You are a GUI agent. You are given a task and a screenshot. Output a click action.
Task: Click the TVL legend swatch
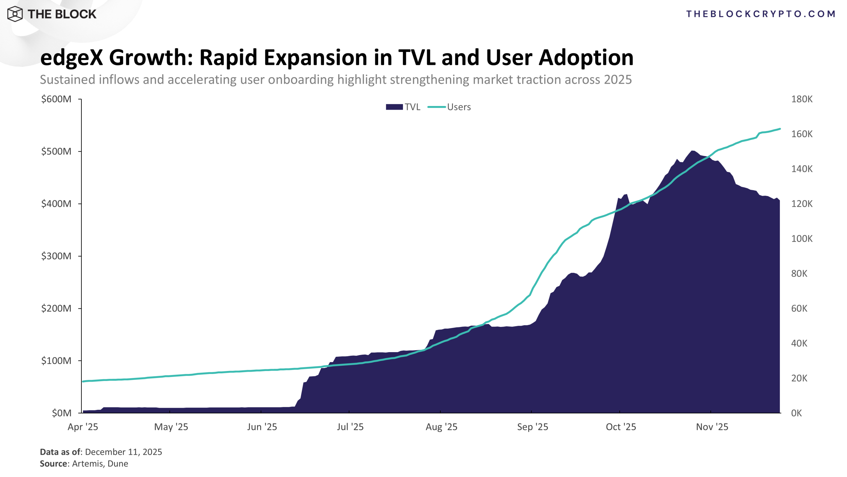point(394,107)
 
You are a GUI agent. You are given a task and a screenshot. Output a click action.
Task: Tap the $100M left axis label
point(56,360)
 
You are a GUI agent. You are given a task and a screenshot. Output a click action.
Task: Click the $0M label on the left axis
point(62,413)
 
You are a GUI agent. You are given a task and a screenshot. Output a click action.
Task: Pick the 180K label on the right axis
point(802,99)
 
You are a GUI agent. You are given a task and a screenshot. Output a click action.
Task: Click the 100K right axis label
point(802,238)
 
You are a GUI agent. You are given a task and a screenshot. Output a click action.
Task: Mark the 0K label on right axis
point(796,413)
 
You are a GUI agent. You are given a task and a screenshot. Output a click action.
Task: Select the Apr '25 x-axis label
point(83,427)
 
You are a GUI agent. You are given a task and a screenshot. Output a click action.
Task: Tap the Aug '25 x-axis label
point(441,427)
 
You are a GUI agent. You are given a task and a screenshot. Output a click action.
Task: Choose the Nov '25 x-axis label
point(712,427)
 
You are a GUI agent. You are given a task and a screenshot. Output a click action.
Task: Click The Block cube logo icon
point(15,14)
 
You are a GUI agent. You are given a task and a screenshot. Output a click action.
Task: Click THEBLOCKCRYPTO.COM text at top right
point(761,14)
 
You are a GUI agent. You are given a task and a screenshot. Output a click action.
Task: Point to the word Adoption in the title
point(586,58)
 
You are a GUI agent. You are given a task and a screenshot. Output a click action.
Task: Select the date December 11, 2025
point(123,452)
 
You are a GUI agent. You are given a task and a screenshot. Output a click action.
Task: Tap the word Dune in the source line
point(118,463)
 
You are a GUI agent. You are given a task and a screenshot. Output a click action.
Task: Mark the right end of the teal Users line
point(780,129)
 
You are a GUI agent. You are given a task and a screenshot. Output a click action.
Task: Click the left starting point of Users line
point(83,382)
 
